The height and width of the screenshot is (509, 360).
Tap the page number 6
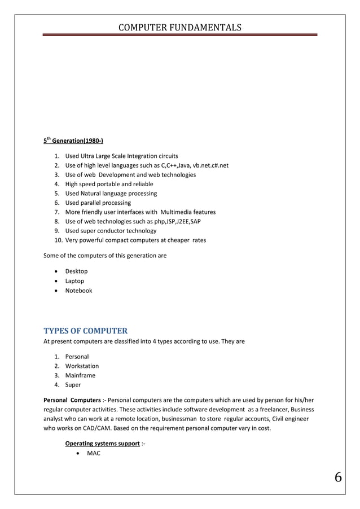point(338,477)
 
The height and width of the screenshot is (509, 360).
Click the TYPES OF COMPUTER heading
point(86,331)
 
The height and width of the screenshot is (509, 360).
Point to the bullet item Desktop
point(76,271)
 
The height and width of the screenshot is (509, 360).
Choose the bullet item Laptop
point(74,281)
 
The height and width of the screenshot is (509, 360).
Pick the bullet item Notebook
point(78,291)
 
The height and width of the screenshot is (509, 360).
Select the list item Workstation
point(82,366)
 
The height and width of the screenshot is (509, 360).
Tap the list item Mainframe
point(80,376)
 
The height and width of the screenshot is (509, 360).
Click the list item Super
point(73,385)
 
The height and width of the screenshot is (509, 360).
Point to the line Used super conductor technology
point(111,231)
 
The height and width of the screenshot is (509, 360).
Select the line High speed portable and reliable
point(109,184)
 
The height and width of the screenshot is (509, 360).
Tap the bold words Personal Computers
point(68,400)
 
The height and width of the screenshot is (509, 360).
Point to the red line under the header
point(179,34)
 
